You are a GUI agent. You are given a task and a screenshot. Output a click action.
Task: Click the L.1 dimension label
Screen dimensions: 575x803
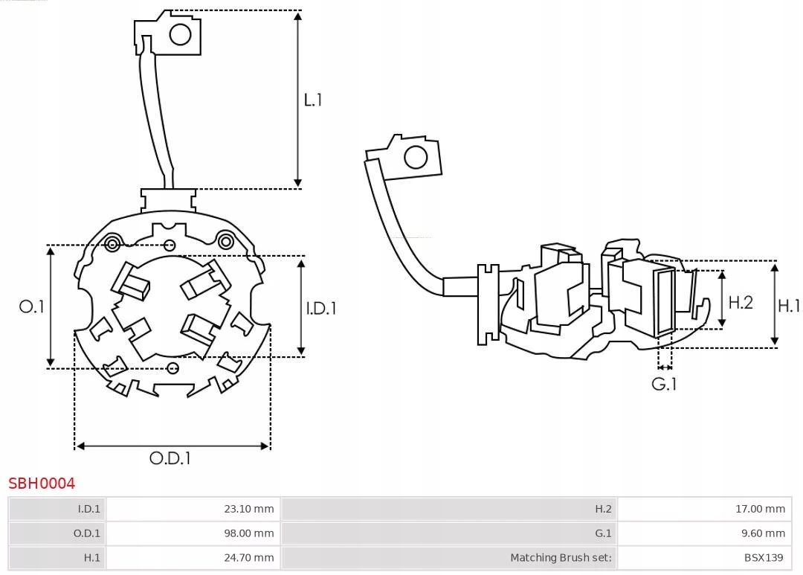(313, 100)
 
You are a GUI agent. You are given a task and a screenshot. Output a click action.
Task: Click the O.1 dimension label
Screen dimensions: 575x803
(31, 306)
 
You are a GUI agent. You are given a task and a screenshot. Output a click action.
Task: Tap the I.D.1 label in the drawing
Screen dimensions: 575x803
(321, 307)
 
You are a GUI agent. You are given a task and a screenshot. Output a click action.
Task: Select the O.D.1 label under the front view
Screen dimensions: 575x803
(170, 458)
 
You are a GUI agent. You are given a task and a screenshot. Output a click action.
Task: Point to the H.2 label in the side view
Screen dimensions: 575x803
(741, 302)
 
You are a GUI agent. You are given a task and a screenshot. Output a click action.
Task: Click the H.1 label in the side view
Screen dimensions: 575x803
(789, 305)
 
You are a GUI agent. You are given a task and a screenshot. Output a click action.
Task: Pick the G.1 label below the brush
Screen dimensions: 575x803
(664, 385)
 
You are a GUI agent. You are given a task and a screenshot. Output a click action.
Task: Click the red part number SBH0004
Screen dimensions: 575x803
(42, 484)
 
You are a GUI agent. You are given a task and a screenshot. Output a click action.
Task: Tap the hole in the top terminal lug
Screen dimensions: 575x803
(181, 33)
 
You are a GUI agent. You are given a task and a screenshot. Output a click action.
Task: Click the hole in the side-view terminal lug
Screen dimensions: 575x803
(415, 158)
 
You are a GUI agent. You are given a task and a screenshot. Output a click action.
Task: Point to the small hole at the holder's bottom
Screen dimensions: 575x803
(173, 367)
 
